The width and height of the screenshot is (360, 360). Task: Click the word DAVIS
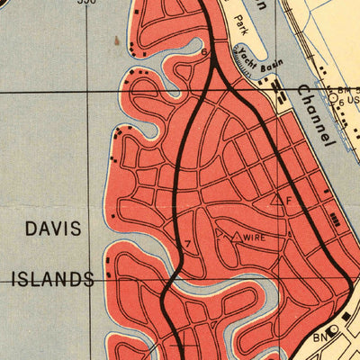55,229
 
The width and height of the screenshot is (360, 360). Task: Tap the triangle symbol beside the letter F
276,201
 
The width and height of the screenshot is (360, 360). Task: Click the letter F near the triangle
289,200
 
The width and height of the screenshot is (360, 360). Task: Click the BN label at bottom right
319,337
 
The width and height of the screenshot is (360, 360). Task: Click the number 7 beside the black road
187,244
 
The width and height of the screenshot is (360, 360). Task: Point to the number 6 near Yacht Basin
204,53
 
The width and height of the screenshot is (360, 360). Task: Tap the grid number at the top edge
85,3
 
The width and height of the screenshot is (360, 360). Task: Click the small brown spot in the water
118,40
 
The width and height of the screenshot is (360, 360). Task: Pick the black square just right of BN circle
343,328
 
